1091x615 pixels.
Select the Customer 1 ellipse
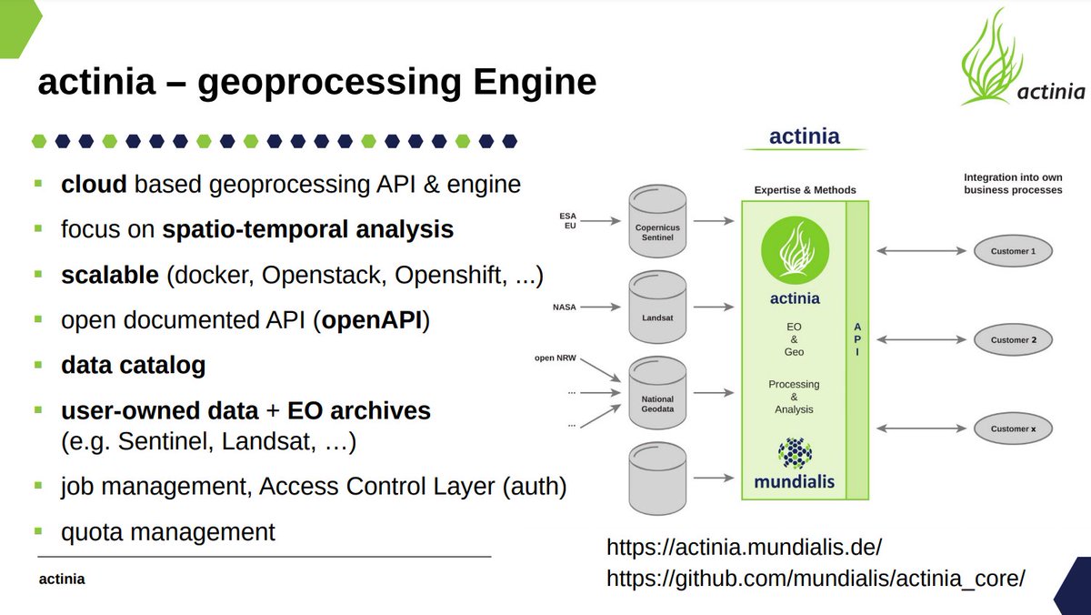1012,250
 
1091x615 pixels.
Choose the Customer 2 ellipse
1012,340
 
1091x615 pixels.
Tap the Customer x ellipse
1012,428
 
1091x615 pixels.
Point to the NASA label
565,307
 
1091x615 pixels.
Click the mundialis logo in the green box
794,464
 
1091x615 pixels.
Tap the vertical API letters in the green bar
857,338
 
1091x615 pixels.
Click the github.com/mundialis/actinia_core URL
816,578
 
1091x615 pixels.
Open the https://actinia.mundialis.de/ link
744,549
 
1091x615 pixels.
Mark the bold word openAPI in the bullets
374,321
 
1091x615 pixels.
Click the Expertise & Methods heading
805,190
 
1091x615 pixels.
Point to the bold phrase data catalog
133,366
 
